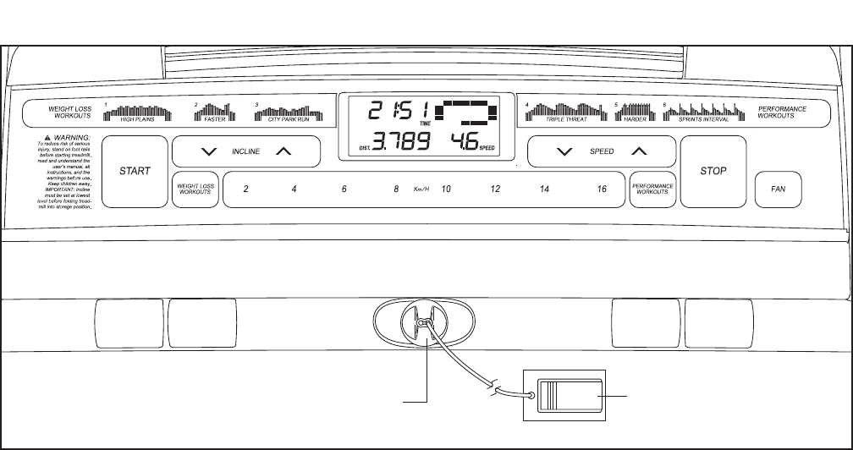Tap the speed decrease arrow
click(563, 152)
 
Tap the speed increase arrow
click(640, 152)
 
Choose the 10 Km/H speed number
click(446, 189)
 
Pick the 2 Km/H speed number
click(245, 189)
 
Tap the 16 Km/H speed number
click(601, 189)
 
